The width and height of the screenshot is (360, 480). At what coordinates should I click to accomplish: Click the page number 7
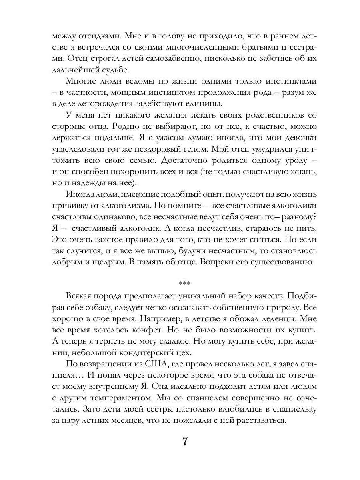point(185,442)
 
